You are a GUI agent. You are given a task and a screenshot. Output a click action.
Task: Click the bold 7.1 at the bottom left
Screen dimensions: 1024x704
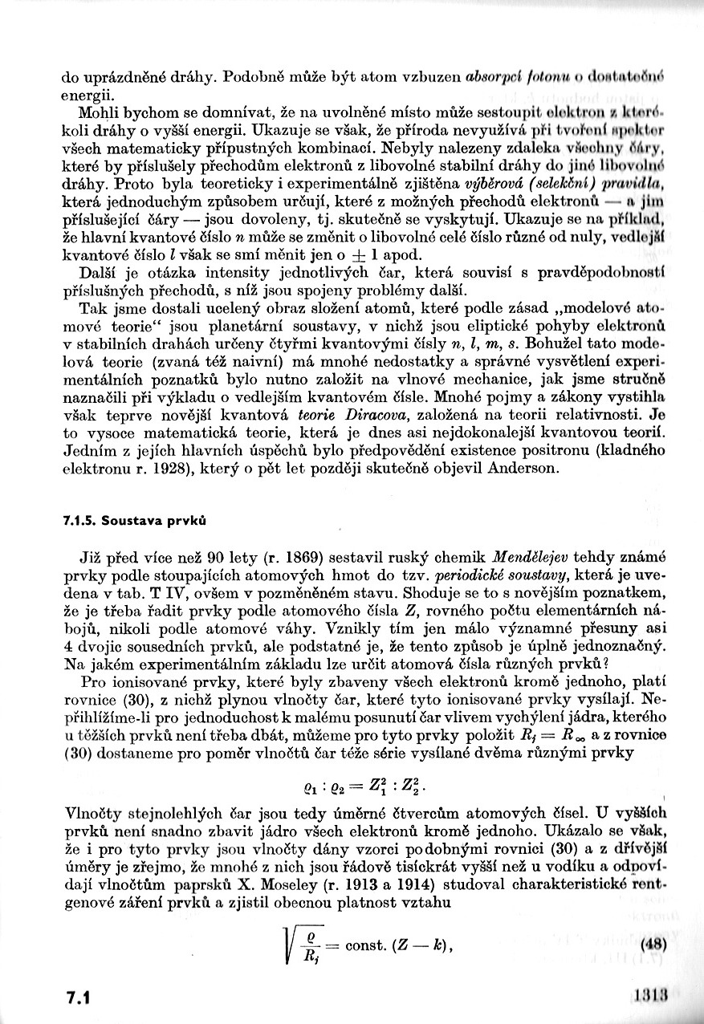[x=78, y=997]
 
